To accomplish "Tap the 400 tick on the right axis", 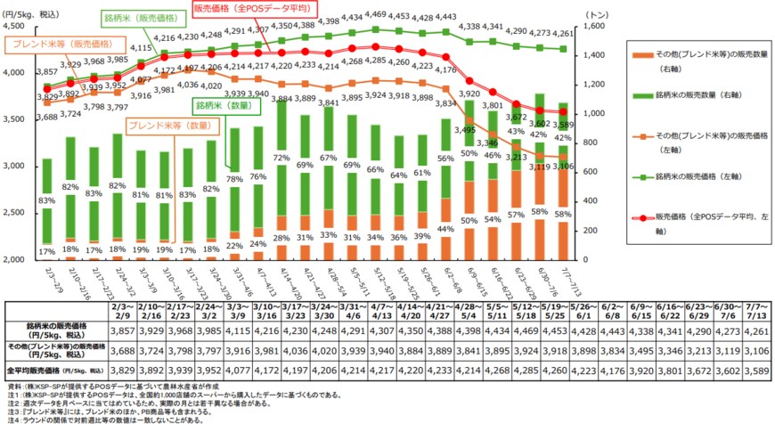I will coord(594,201).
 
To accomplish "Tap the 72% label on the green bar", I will coord(281,158).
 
